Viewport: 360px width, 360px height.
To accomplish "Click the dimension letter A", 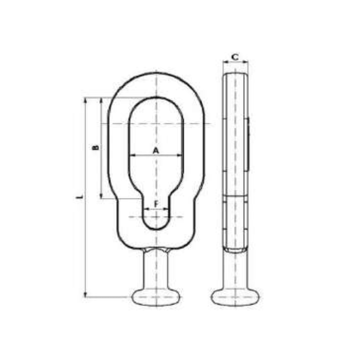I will coord(156,150).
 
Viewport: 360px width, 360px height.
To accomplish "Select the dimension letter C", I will coord(235,57).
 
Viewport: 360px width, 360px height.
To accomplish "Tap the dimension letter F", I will coord(156,204).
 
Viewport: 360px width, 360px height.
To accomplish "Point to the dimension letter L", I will coord(79,197).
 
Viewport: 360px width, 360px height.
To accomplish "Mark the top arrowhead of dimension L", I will coord(85,100).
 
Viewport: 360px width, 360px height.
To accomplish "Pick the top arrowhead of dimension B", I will coord(101,100).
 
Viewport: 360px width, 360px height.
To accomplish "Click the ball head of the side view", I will coord(235,297).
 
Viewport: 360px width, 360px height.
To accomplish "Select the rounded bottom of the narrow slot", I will coord(156,225).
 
